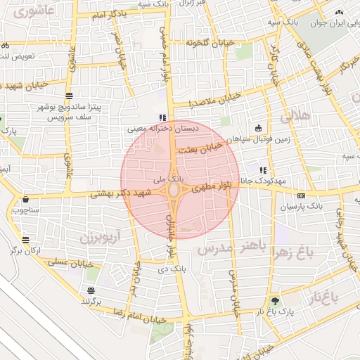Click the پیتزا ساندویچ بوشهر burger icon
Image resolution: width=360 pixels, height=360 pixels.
[68, 95]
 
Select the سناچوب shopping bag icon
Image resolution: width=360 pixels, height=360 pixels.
[26, 200]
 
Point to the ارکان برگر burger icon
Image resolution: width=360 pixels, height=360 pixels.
[26, 240]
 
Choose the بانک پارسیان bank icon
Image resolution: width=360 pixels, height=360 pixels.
[301, 195]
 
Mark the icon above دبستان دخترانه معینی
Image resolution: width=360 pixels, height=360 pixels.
[163, 117]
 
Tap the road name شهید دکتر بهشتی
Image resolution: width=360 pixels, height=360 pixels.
[117, 193]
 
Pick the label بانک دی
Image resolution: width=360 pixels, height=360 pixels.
[172, 269]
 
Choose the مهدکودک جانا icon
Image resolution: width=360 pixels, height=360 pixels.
[264, 170]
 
